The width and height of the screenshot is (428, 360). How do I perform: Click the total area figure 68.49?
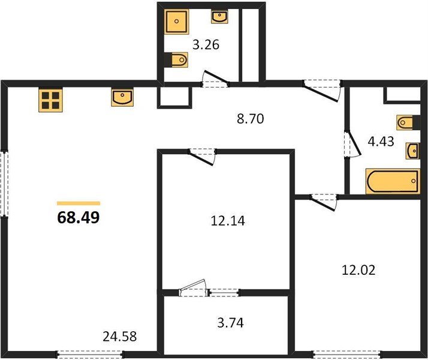pos(79,217)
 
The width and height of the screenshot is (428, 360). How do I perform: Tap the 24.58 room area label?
pos(119,337)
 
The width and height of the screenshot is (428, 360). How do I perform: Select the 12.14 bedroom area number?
pos(228,221)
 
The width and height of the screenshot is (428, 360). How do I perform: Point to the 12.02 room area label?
pos(358,270)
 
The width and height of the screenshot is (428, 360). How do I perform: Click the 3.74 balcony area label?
pos(230,323)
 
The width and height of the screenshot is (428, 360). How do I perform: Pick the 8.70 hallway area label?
pos(251,119)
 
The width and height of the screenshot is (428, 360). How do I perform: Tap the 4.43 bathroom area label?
pos(381,142)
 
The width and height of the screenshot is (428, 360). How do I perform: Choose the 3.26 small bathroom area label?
pos(206,45)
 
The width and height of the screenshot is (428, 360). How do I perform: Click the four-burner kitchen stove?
pos(50,100)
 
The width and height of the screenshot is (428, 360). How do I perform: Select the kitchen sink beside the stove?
pos(122,97)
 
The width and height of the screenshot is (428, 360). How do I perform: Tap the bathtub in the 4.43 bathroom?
pos(393,181)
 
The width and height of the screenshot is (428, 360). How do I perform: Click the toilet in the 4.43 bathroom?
pos(405,122)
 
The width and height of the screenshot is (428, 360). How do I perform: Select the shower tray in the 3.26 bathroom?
pos(177,22)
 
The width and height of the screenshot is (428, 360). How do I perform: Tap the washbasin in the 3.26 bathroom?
pos(219,17)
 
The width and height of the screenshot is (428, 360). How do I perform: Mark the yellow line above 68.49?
pos(79,203)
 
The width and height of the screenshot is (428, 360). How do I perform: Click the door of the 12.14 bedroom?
pos(202,157)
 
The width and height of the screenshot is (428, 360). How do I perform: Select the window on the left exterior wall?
pos(4,183)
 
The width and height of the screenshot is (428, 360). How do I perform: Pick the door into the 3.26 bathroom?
pos(215,79)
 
